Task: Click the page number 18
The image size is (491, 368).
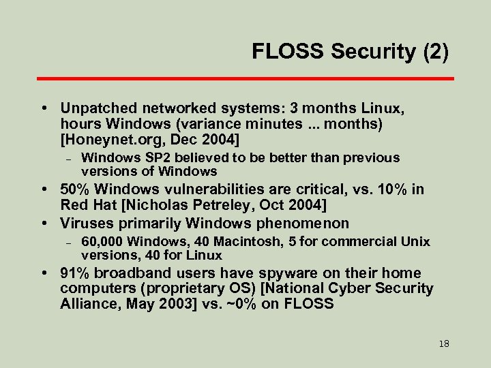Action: pyautogui.click(x=444, y=343)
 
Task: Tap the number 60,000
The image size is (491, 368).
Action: pyautogui.click(x=102, y=241)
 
